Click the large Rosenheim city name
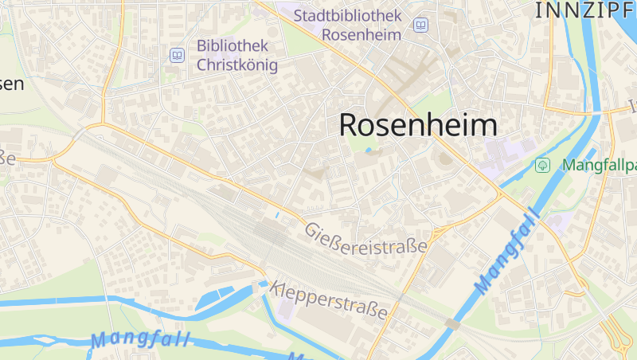[418, 125]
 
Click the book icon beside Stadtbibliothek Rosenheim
[420, 25]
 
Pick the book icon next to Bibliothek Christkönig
[177, 55]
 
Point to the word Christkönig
[237, 65]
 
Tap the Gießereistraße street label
[365, 238]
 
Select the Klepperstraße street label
[333, 299]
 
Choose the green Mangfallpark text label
[600, 166]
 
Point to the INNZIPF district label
[585, 10]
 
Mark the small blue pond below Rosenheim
[368, 150]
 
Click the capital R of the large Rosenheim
[350, 125]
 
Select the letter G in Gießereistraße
[311, 229]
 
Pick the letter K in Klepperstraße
[276, 287]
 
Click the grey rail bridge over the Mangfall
[452, 323]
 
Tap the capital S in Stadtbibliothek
[299, 15]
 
